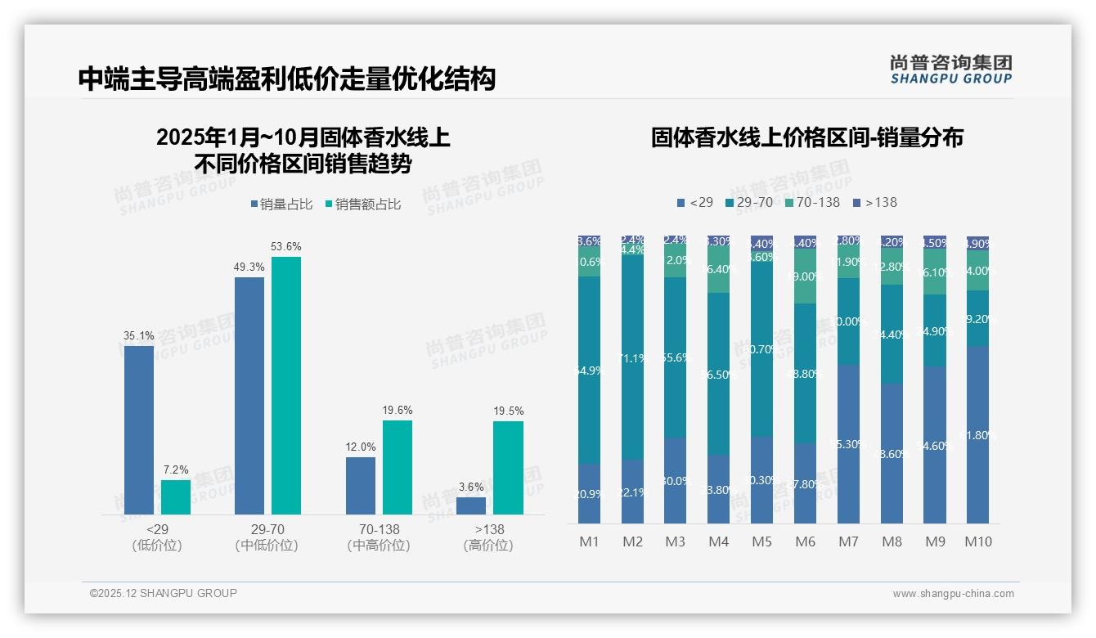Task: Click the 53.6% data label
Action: click(285, 246)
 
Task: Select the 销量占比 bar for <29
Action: click(139, 429)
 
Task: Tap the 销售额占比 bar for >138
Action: click(508, 467)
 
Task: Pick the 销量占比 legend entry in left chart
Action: click(281, 204)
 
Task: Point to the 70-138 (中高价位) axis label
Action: click(378, 537)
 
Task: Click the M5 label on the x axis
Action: click(761, 541)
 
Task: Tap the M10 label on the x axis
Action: click(977, 541)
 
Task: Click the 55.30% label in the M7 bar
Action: click(848, 444)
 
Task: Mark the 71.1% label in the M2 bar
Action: click(632, 358)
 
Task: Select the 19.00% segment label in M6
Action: click(805, 276)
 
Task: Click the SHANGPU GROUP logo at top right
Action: click(950, 70)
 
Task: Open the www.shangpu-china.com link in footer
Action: click(953, 594)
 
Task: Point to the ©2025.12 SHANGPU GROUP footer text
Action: click(163, 593)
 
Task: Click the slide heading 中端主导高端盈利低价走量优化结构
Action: click(287, 79)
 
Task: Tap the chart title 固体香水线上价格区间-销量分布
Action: click(806, 137)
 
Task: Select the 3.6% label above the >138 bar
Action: click(470, 487)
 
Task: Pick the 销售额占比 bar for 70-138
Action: click(398, 467)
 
